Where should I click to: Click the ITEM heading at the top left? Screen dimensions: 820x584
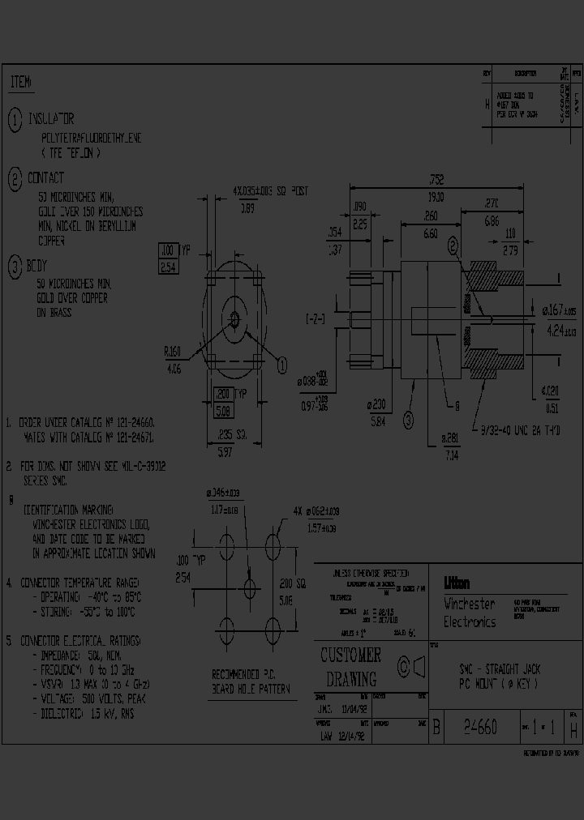(21, 83)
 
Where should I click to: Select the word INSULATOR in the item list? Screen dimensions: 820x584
(51, 119)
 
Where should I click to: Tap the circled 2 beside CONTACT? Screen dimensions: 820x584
(15, 179)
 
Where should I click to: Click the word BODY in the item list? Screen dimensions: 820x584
(38, 266)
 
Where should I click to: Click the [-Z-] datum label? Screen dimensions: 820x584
(316, 318)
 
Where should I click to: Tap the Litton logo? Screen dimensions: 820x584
(457, 583)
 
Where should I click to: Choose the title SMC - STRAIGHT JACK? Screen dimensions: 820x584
(500, 668)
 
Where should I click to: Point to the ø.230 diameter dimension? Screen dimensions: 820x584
(377, 406)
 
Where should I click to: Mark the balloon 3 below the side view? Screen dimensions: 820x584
(408, 419)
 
